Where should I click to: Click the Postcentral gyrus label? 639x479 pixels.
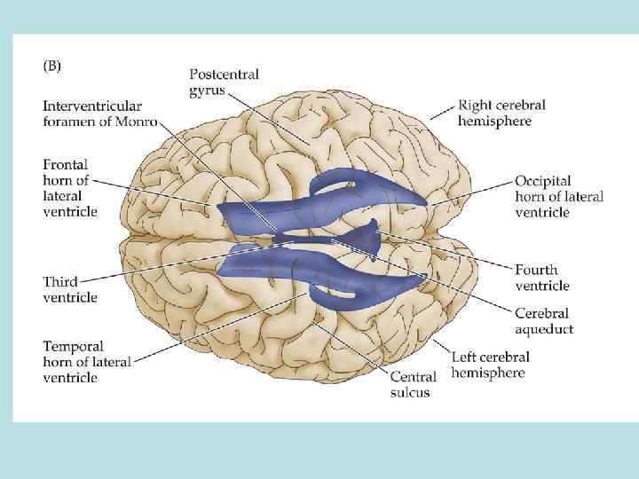(225, 82)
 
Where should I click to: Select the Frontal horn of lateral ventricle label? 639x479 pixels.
(70, 187)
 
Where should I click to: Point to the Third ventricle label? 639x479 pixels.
(70, 289)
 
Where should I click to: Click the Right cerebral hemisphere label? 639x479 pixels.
(501, 113)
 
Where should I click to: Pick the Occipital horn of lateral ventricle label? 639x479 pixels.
(558, 196)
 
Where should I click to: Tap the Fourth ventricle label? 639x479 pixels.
(542, 277)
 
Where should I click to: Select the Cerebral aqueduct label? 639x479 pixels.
(544, 321)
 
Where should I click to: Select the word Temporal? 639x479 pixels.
(73, 345)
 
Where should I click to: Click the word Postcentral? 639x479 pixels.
(225, 75)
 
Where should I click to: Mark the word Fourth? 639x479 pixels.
(536, 269)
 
